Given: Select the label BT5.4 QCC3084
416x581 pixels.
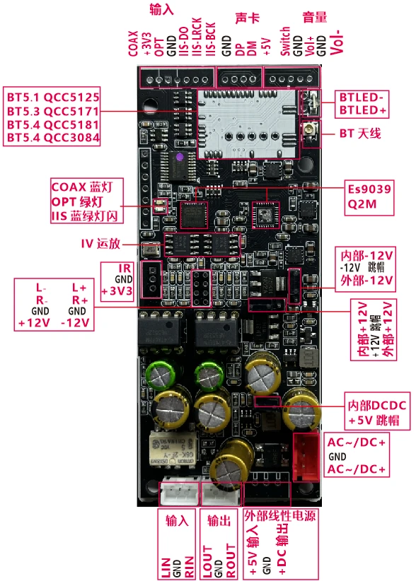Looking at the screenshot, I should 53,137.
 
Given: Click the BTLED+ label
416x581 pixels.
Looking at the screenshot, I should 363,111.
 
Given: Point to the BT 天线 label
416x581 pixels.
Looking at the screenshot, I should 360,132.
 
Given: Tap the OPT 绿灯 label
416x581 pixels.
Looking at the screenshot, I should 83,201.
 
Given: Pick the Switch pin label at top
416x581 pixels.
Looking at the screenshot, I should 284,41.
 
